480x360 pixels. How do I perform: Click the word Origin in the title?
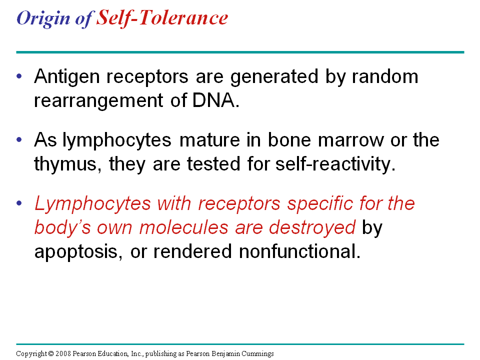(x=43, y=18)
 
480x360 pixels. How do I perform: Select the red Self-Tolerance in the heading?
(x=162, y=18)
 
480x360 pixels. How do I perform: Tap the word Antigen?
(x=67, y=77)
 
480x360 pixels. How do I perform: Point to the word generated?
(x=274, y=77)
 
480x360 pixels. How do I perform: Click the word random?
(x=385, y=76)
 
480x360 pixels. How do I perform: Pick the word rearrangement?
(x=98, y=101)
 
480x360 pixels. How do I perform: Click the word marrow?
(x=351, y=140)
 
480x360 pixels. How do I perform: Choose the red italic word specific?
(x=319, y=203)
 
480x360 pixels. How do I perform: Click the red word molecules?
(x=183, y=228)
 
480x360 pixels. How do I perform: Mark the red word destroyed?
(x=312, y=228)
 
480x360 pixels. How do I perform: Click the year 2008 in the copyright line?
(x=63, y=353)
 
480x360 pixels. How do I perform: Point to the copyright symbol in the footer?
(x=51, y=353)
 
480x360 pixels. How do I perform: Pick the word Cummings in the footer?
(x=257, y=354)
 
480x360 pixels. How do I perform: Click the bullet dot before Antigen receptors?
(x=19, y=76)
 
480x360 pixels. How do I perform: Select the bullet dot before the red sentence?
(x=19, y=203)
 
